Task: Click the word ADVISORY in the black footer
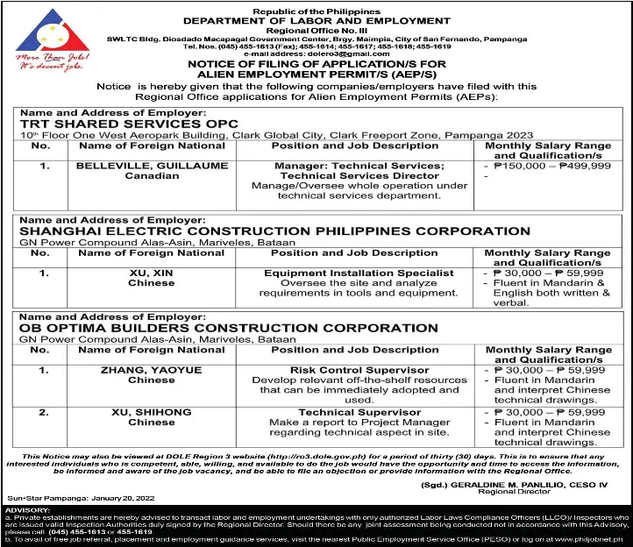pyautogui.click(x=27, y=508)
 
